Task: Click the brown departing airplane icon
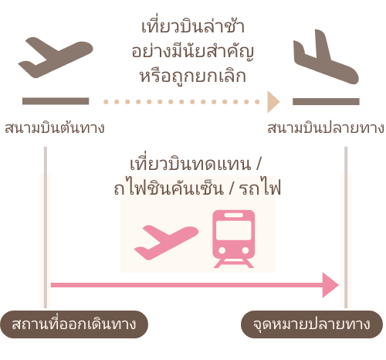[x=56, y=57]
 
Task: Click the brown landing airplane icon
[x=326, y=57]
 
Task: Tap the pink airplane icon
[x=166, y=242]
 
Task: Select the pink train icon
[x=234, y=239]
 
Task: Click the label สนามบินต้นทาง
[x=55, y=127]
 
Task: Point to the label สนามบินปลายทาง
[x=326, y=127]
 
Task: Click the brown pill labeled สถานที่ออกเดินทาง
[x=74, y=324]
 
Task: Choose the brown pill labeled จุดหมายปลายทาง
[x=312, y=324]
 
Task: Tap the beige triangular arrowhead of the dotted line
[x=273, y=102]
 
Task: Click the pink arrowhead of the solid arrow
[x=330, y=285]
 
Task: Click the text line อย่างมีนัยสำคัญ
[x=193, y=51]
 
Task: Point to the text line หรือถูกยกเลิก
[x=193, y=76]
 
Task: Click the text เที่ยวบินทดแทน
[x=191, y=164]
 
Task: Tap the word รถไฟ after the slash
[x=260, y=188]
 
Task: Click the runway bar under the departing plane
[x=56, y=101]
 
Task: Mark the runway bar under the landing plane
[x=326, y=101]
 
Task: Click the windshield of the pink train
[x=234, y=230]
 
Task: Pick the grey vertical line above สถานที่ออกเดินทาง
[x=46, y=227]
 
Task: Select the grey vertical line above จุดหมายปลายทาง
[x=346, y=227]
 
